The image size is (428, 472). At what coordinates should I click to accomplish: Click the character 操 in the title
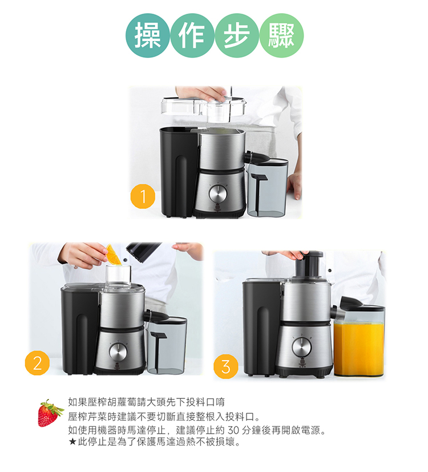coord(147,35)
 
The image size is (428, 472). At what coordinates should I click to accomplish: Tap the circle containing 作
coord(192,35)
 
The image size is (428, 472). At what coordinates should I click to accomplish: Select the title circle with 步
coord(237,35)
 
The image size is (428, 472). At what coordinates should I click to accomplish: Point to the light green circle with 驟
coord(281,35)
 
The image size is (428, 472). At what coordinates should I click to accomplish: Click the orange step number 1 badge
coord(143,196)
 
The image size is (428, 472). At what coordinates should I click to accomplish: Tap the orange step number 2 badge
coord(37,363)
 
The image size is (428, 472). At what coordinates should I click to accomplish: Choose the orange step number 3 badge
coord(226,367)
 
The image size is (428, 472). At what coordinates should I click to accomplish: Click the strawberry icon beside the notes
coord(50,413)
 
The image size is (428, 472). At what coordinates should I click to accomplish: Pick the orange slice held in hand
coord(113,255)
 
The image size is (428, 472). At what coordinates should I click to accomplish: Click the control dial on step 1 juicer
coord(218,193)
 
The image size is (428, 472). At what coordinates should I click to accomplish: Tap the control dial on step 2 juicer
coord(118,352)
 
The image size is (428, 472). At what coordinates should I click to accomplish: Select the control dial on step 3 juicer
coord(301,346)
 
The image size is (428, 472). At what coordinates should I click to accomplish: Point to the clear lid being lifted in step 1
coord(204,108)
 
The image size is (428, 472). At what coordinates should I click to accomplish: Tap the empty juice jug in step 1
coord(267,187)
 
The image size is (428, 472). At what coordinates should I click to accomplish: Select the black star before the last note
coord(72,442)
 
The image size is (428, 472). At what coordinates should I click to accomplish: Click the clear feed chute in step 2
coord(118,277)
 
